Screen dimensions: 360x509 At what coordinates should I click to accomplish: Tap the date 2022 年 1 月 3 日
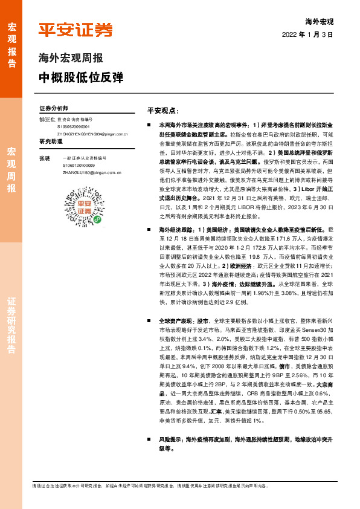pos(307,34)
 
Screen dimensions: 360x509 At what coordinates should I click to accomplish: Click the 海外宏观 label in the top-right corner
pos(320,21)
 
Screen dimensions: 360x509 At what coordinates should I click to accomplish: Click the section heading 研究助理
pos(51,141)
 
